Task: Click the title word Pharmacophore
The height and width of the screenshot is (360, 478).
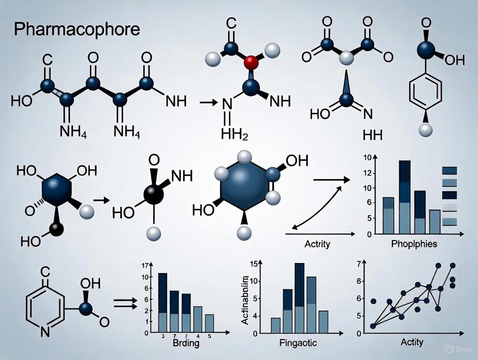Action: pos(77,29)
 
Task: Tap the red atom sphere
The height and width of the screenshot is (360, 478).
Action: pos(251,63)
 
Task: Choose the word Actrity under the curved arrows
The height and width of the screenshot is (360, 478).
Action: pos(317,244)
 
